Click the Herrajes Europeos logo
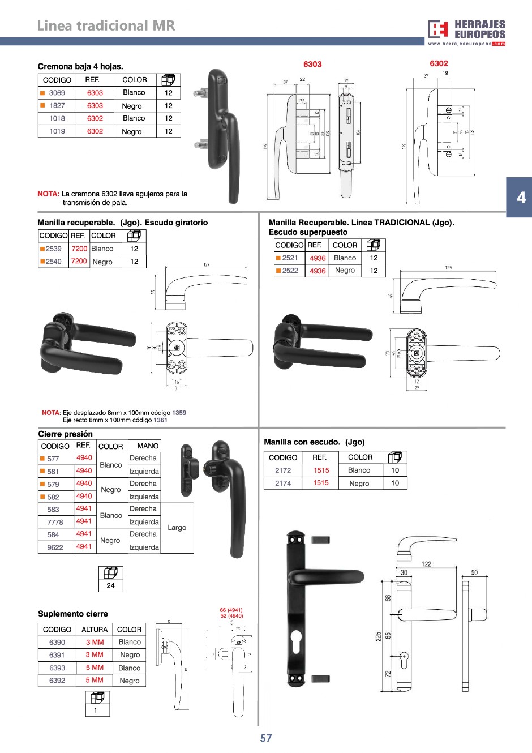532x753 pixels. pos(467,32)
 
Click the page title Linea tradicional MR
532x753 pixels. pos(106,25)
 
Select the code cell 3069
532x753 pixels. pos(57,93)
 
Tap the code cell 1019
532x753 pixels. pos(57,131)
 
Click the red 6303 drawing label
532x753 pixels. pos(312,65)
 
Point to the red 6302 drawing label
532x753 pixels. pos(439,64)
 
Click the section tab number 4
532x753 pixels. pos(521,198)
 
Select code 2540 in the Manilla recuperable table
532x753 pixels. pos(53,262)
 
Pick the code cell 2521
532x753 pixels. pos(290,258)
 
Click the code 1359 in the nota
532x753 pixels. pos(179,413)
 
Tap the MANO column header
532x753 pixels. pos(148,446)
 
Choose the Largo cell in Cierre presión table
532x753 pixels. pos(177,528)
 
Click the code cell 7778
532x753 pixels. pos(55,522)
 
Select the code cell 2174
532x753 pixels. pos(283,484)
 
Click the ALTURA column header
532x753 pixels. pos(95,630)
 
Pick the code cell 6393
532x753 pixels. pos(57,668)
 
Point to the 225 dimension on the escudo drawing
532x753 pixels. pos(378,636)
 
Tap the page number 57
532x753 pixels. pos(266,738)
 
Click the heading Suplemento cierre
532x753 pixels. pos(73,614)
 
